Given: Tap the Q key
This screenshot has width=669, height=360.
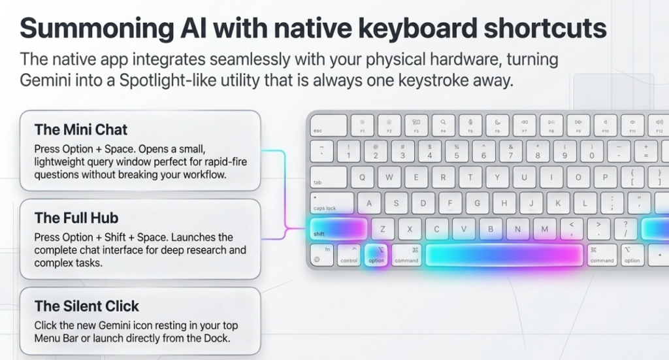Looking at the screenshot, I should pyautogui.click(x=363, y=176).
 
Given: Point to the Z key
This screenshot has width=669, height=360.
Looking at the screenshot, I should pyautogui.click(x=383, y=229).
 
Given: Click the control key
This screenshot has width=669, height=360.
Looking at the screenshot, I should pyautogui.click(x=349, y=254).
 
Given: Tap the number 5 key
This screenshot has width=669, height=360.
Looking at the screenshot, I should pyautogui.click(x=457, y=151).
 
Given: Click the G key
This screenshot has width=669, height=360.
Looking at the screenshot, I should pyautogui.click(x=477, y=203).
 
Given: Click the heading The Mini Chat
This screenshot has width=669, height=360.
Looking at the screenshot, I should pyautogui.click(x=80, y=129).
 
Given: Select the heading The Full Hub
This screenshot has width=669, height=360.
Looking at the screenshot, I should pyautogui.click(x=76, y=218).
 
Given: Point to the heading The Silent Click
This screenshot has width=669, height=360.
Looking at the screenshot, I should pyautogui.click(x=87, y=306).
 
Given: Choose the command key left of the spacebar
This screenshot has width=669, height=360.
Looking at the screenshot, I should pyautogui.click(x=406, y=254).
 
